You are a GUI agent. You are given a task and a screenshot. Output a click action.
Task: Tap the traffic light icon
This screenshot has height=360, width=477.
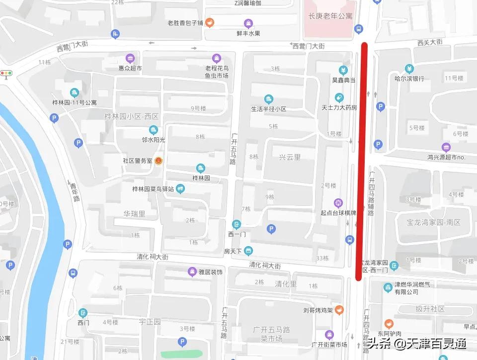click(6, 74)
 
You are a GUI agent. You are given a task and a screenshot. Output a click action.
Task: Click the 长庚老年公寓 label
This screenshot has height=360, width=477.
click(330, 16)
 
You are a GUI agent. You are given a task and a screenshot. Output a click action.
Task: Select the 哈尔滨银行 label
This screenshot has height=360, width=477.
click(409, 78)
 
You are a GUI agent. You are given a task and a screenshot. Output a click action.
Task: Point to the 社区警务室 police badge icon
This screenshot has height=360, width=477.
click(158, 161)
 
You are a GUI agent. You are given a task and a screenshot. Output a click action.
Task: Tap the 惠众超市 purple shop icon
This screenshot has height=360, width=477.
click(130, 58)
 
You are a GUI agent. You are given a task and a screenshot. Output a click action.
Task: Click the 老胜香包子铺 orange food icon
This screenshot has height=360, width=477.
click(210, 22)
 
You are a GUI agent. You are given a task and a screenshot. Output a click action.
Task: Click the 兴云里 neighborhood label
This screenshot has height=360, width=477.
click(290, 157)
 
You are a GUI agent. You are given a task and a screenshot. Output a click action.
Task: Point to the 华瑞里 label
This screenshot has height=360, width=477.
click(134, 214)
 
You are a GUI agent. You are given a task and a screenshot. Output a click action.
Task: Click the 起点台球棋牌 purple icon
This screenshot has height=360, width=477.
click(338, 202)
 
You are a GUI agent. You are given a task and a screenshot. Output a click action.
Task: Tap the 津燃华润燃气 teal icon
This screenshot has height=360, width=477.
click(388, 287)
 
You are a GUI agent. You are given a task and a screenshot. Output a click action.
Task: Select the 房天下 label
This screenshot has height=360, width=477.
click(233, 251)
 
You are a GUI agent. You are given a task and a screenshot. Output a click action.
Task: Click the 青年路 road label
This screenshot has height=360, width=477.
click(75, 191)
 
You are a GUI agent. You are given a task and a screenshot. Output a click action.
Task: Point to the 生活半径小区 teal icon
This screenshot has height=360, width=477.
click(269, 98)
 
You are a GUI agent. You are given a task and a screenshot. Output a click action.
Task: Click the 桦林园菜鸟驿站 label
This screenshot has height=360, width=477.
click(153, 189)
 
